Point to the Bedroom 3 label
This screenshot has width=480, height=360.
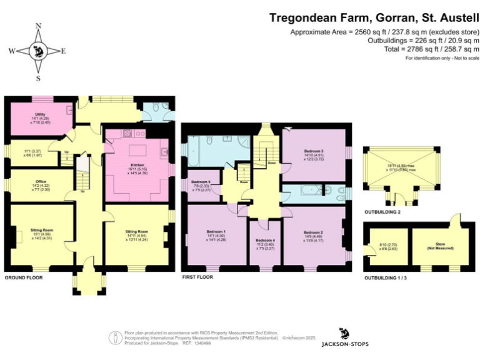314,151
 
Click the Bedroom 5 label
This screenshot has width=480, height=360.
201,182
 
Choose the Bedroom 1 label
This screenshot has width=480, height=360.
216,231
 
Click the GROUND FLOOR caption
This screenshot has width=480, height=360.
23,277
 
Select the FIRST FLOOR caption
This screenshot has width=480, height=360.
199,277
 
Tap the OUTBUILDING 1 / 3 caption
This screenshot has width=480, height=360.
386,277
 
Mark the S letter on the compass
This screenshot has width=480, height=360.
39,79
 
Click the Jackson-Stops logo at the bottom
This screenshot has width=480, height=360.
344,337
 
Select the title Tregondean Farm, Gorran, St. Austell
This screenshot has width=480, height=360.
374,18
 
